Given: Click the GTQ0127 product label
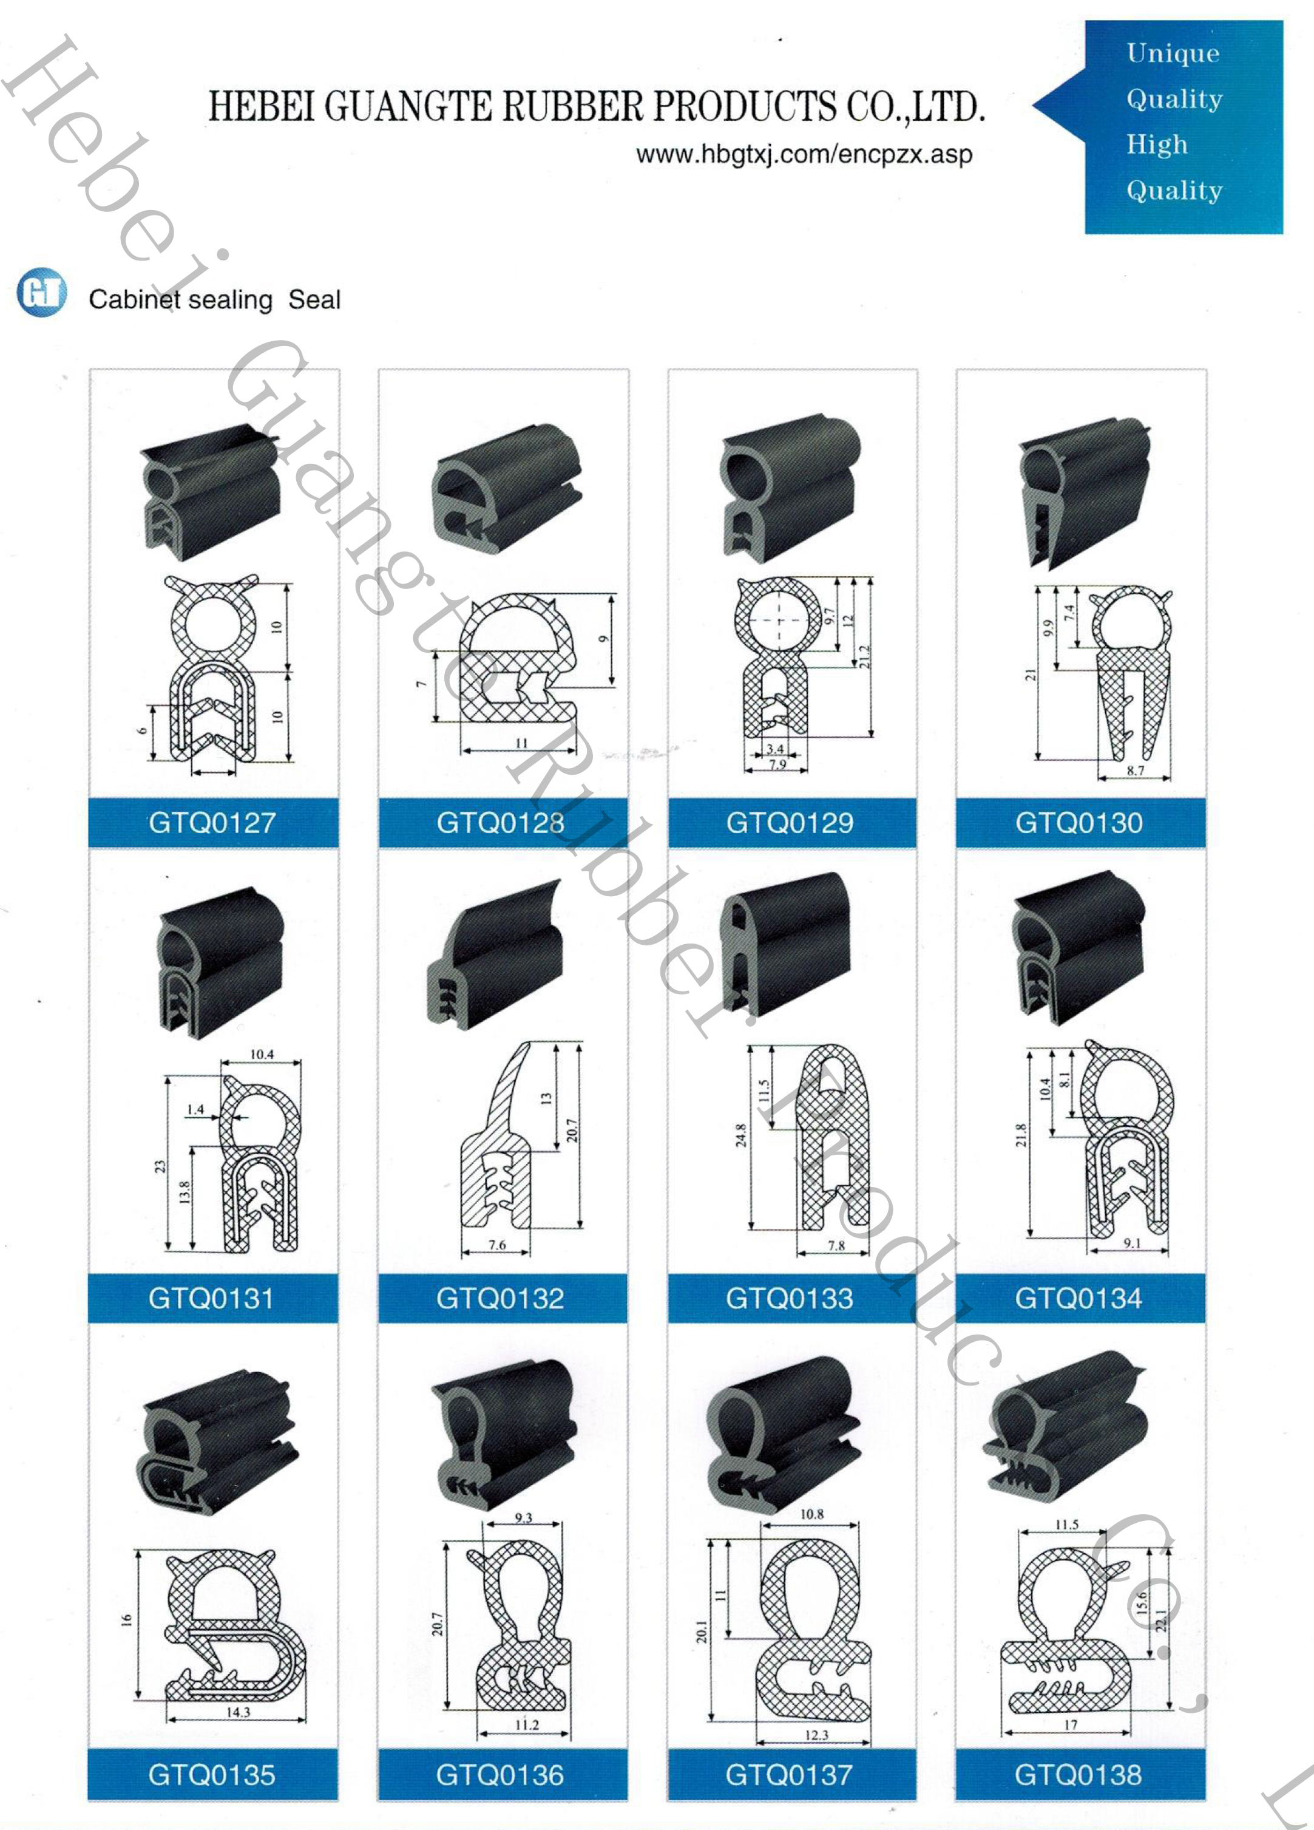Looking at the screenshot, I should [212, 823].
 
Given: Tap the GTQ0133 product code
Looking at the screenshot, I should [789, 1298].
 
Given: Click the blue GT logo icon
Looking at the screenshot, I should [41, 291].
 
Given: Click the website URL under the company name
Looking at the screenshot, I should [804, 154].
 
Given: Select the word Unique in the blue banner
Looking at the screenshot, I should [1173, 53].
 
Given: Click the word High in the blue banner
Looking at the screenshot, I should [1157, 145].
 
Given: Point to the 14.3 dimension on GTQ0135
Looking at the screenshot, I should [238, 1712].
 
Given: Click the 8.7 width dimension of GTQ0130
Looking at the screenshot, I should [1135, 770].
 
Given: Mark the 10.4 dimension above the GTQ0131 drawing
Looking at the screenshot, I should [262, 1054].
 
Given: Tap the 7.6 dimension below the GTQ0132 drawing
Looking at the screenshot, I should [497, 1245].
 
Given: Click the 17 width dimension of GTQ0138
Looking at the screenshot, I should [1071, 1725].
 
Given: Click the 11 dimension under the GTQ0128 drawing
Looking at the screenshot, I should [521, 743].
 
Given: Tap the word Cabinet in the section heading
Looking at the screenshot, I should [133, 299].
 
